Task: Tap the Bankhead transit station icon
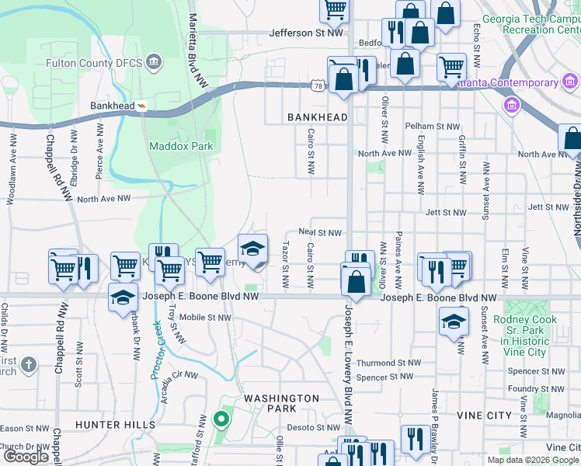pos(142,106)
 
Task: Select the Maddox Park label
pos(180,145)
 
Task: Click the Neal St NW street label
pos(320,233)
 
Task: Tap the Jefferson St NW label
pos(306,33)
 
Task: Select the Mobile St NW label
pos(205,317)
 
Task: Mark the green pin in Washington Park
pos(221,421)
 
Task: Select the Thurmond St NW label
pos(388,363)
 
